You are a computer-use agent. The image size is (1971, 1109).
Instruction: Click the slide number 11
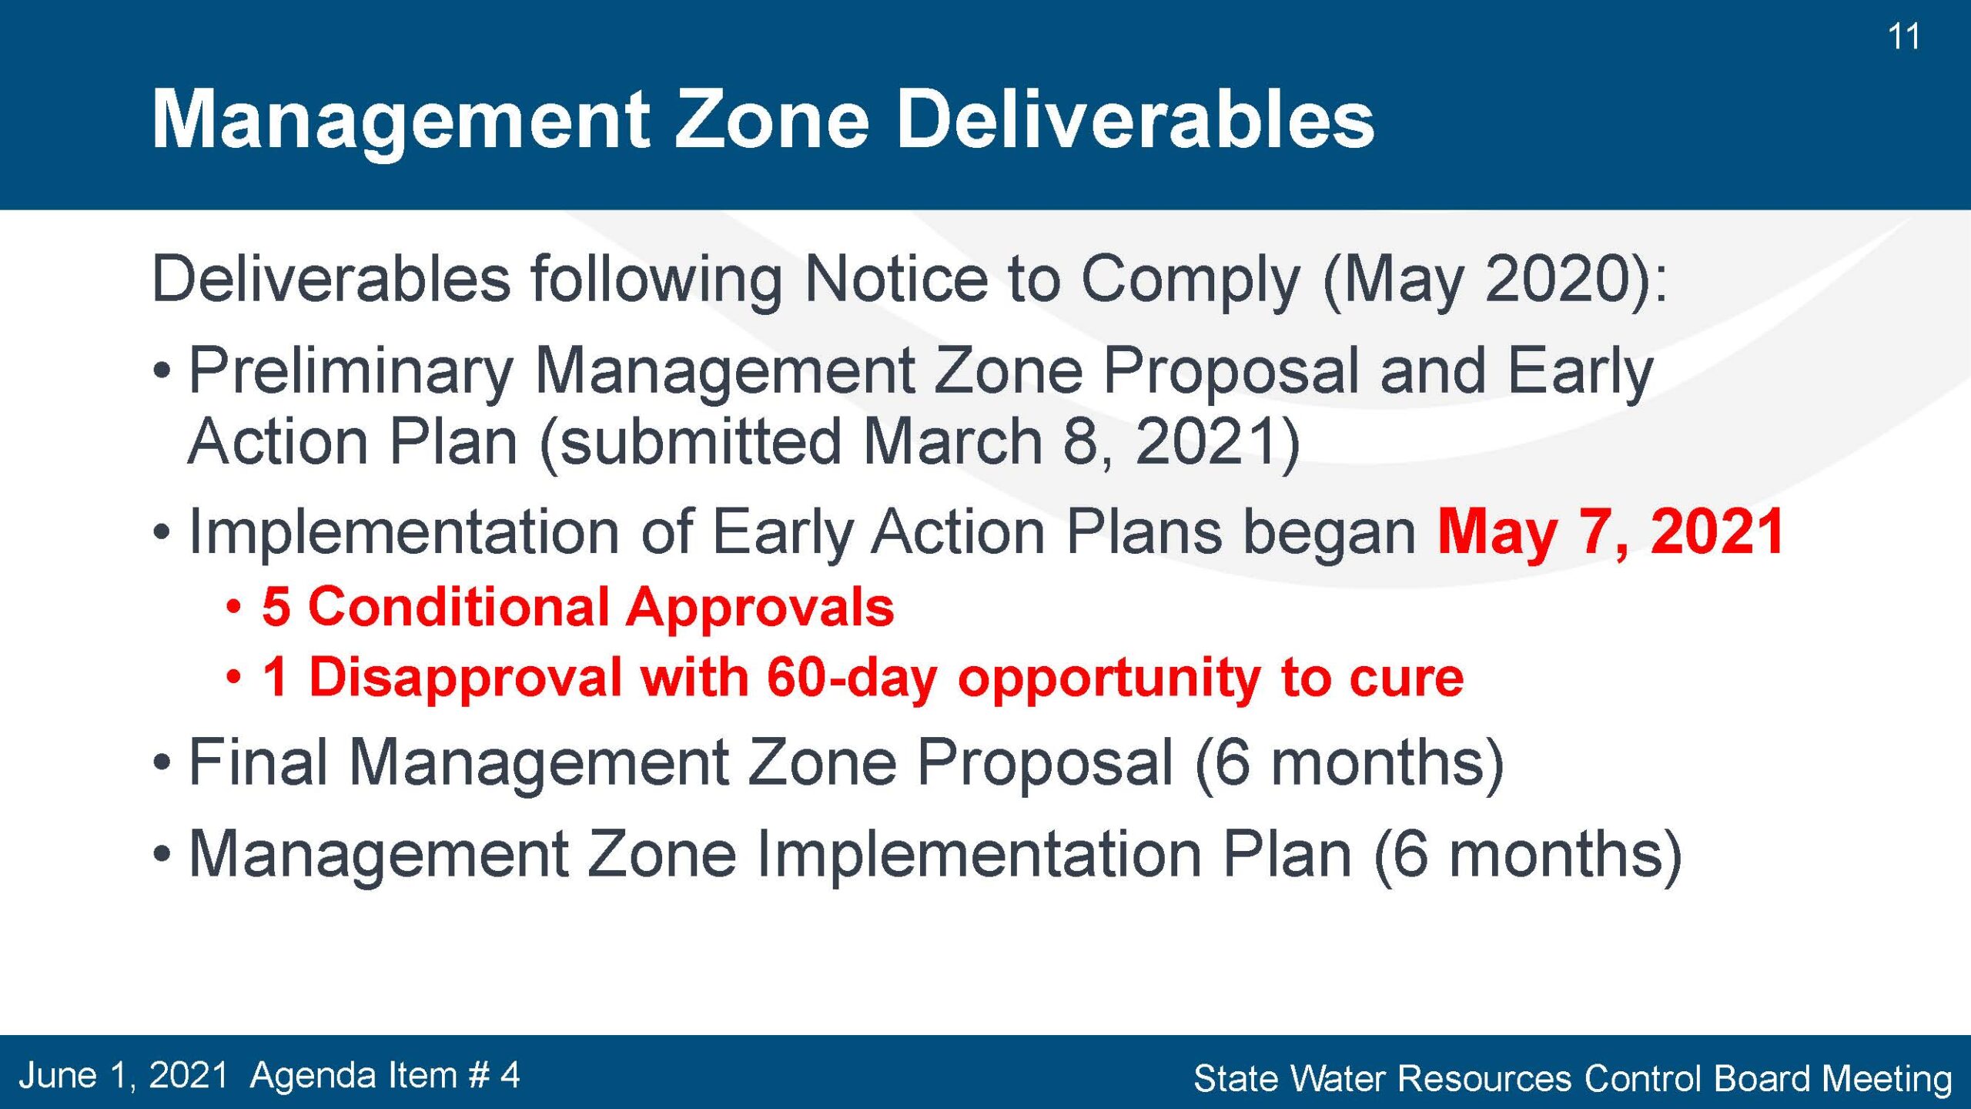1903,37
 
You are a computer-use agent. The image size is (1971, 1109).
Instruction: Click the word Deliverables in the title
1136,119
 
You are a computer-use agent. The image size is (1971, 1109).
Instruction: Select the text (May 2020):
1494,280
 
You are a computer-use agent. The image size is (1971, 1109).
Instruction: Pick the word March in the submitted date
952,442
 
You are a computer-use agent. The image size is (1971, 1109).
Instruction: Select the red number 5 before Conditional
276,607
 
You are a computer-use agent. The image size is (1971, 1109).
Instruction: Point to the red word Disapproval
465,678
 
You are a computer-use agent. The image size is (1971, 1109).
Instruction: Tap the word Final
259,762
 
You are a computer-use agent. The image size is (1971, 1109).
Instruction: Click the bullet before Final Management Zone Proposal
161,763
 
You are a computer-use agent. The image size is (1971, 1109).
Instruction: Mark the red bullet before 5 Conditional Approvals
234,608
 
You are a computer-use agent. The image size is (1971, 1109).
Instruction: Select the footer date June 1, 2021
123,1075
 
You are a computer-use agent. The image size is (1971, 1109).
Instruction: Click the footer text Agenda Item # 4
385,1075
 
